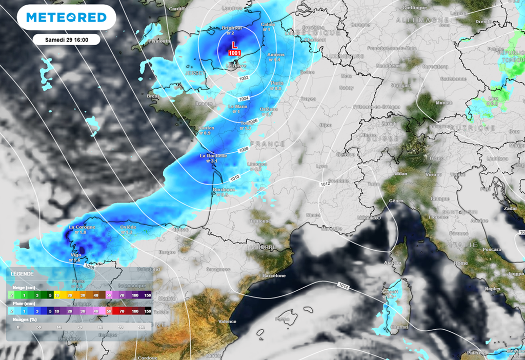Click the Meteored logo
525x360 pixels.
click(x=66, y=17)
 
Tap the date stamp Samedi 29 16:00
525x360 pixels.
click(x=66, y=39)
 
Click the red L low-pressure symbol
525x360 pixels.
click(x=235, y=46)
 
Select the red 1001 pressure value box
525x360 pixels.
click(x=235, y=53)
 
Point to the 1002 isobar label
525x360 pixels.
click(x=244, y=78)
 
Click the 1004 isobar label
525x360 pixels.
click(x=244, y=98)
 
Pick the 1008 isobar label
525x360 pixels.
click(x=243, y=150)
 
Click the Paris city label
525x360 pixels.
click(x=277, y=83)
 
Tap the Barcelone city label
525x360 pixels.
click(x=274, y=275)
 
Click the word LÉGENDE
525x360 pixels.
click(x=22, y=274)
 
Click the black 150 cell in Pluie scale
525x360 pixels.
click(x=148, y=311)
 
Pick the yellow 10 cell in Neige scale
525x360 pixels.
click(x=57, y=295)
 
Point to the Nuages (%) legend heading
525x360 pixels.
click(x=25, y=319)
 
